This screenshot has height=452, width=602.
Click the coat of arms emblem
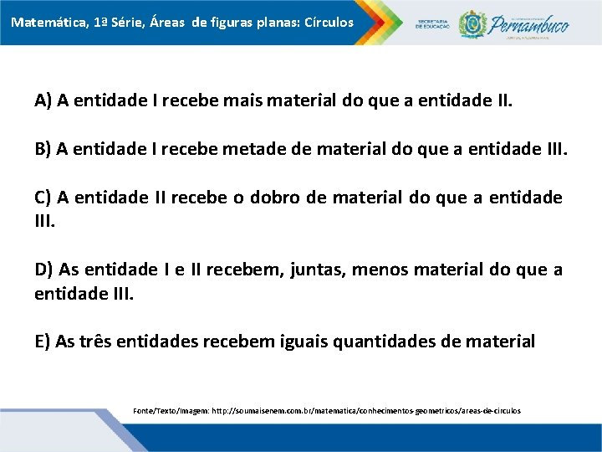pyautogui.click(x=473, y=23)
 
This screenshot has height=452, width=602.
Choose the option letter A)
pyautogui.click(x=43, y=102)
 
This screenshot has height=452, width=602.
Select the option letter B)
pyautogui.click(x=43, y=150)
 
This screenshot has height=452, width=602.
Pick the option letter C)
pyautogui.click(x=43, y=198)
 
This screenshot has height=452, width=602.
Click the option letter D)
pyautogui.click(x=44, y=270)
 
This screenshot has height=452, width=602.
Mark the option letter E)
pyautogui.click(x=43, y=342)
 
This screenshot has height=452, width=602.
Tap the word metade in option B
pyautogui.click(x=250, y=150)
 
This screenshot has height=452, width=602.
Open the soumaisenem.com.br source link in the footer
pyautogui.click(x=366, y=411)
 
